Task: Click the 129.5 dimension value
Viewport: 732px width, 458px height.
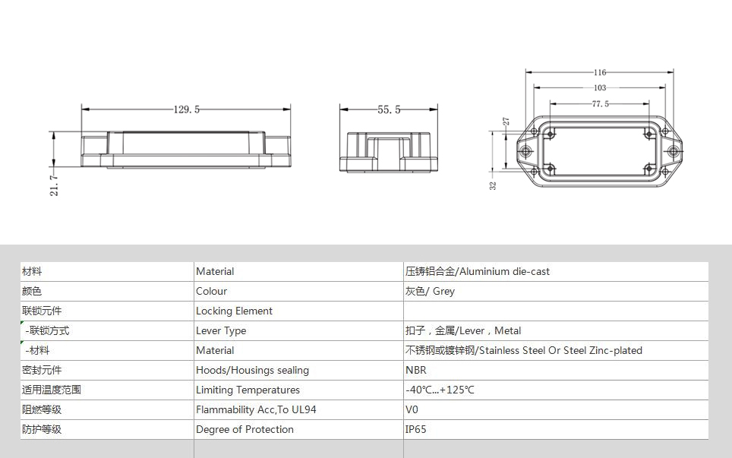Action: (187, 109)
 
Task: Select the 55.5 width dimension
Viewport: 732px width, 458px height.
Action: (389, 109)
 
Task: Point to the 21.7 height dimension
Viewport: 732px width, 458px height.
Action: (54, 185)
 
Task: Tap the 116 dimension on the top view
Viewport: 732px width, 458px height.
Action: (600, 72)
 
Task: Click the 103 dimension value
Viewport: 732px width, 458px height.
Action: (600, 88)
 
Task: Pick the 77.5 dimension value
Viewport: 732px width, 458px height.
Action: (601, 103)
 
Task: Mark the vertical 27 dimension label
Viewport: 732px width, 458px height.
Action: (506, 122)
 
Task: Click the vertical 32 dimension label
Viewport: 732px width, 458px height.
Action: (493, 185)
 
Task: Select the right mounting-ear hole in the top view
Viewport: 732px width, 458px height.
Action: (673, 151)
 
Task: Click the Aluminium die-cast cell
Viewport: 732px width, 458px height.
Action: (477, 271)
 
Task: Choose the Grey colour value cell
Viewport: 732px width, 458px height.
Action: (430, 291)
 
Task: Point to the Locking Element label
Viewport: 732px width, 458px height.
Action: (234, 311)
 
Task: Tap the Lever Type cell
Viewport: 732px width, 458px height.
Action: (221, 330)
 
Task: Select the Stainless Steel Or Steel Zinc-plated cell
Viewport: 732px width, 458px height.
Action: (523, 350)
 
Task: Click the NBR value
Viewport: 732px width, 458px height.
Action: (415, 370)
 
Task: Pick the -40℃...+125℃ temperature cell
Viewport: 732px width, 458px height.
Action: (440, 390)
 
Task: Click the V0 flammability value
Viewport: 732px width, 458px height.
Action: (412, 409)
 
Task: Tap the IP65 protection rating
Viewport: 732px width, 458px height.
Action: (415, 430)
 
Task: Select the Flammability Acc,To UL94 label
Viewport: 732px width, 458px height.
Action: (256, 409)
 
